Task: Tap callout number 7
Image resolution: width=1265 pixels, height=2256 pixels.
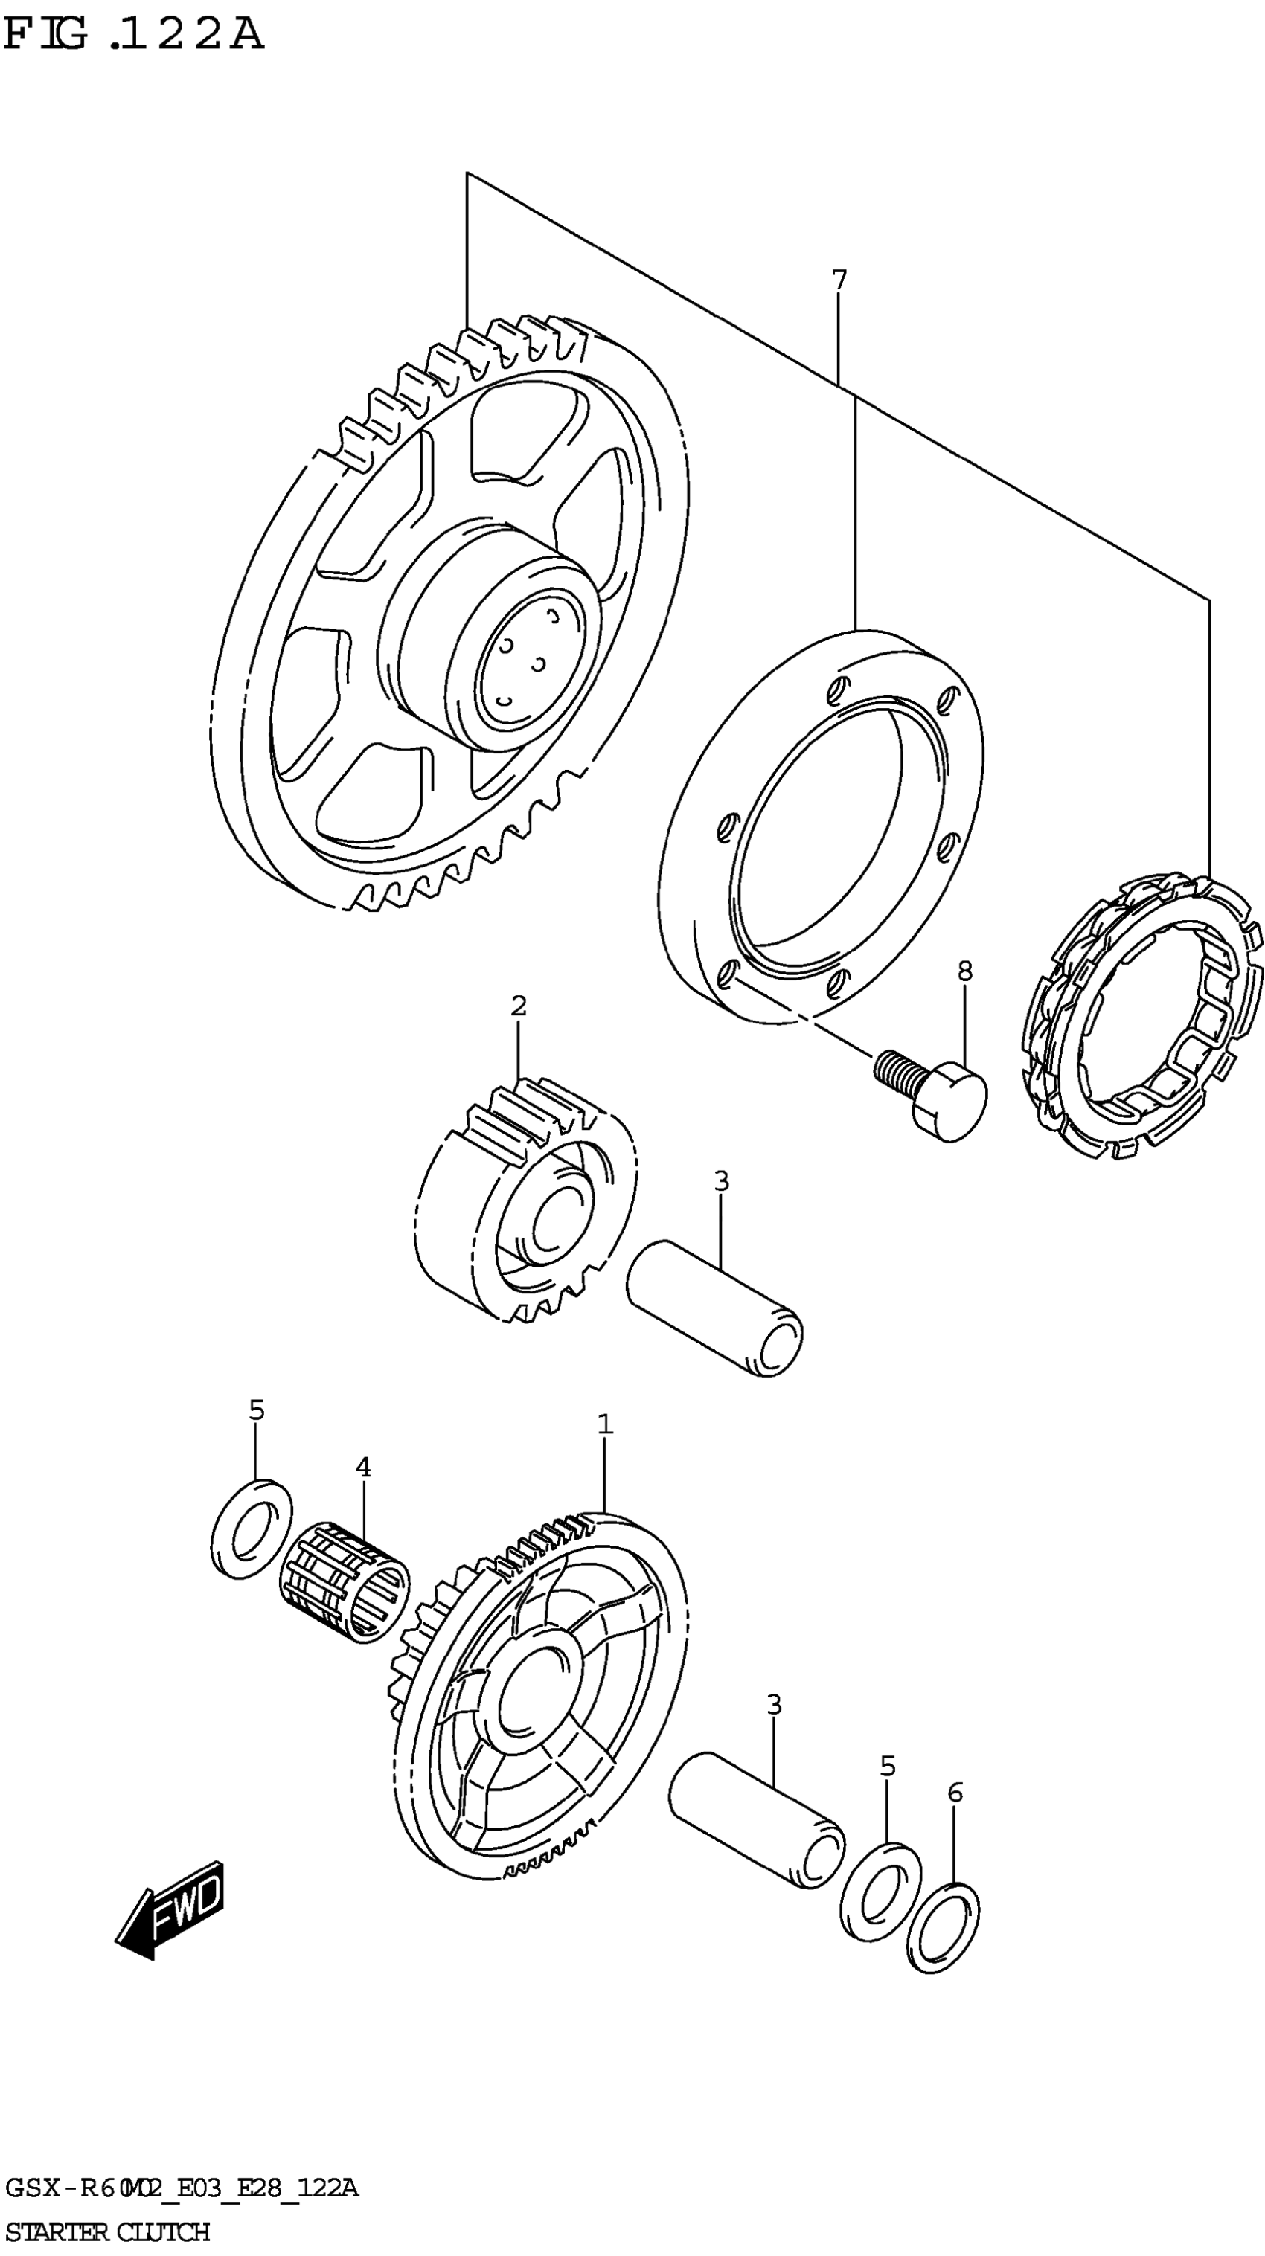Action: coord(839,280)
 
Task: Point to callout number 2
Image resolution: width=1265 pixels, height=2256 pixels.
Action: coord(519,1006)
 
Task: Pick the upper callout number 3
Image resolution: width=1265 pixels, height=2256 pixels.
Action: coord(720,1180)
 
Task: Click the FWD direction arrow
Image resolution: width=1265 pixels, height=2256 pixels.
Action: coord(171,1909)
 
